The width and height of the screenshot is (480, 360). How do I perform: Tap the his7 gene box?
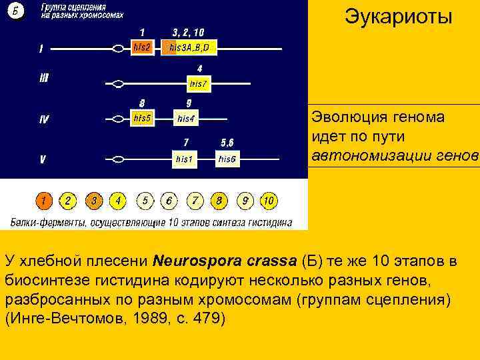click(x=199, y=84)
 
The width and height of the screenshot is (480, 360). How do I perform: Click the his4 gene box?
click(x=186, y=119)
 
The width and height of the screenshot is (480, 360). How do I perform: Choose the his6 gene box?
click(x=227, y=159)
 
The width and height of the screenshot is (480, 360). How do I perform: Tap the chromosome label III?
click(x=44, y=78)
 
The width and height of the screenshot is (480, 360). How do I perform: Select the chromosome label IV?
click(x=44, y=120)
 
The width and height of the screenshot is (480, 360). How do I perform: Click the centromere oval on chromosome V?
click(x=118, y=159)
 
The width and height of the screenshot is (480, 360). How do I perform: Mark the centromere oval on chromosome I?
click(x=119, y=48)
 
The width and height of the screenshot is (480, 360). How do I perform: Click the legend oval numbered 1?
click(x=43, y=200)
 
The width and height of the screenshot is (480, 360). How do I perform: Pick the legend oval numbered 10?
click(x=268, y=200)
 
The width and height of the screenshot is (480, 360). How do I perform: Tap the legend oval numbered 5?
click(x=145, y=200)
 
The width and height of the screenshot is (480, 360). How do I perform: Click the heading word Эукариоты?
click(x=398, y=17)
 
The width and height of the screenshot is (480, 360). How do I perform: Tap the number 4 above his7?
click(x=199, y=69)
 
